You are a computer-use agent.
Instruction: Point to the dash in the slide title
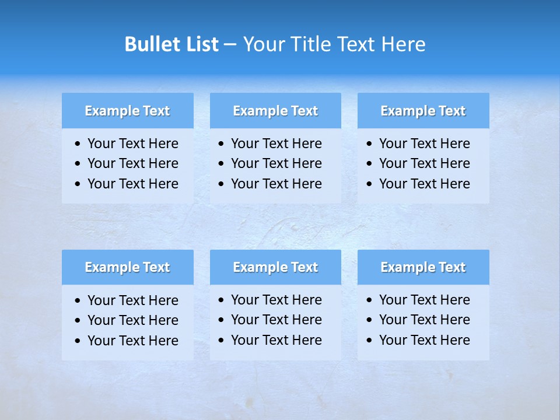pos(230,44)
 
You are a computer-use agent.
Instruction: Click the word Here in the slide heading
pos(403,44)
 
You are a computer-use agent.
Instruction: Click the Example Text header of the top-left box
pos(127,111)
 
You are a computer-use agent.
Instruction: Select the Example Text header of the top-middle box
pos(275,111)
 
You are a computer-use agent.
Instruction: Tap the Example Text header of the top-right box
pos(423,111)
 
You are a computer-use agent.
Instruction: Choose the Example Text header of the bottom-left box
pos(127,267)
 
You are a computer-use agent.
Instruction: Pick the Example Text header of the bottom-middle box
pos(275,267)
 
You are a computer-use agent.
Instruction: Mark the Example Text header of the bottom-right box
pos(423,267)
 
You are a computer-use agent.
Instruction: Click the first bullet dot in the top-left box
pos(78,144)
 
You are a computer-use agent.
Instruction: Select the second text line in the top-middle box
pos(276,163)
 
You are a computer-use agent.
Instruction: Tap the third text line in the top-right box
pos(424,184)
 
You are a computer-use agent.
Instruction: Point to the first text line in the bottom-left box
pos(133,300)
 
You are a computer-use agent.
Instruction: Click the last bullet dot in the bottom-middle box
pos(222,341)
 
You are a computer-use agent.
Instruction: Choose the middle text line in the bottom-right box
pos(424,320)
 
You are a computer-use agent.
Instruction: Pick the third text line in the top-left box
pos(133,184)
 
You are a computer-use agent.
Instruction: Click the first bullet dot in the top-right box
pos(370,144)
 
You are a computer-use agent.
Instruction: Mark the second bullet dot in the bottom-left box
pos(78,321)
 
